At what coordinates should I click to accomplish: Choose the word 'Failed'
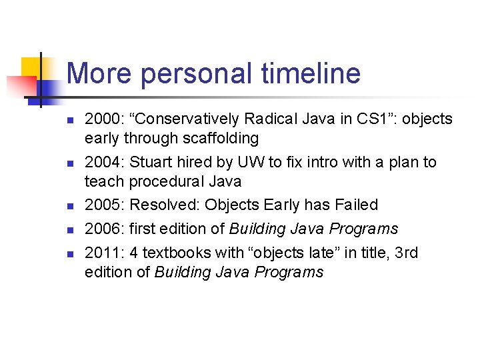355,205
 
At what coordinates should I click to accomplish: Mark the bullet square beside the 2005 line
69,206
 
